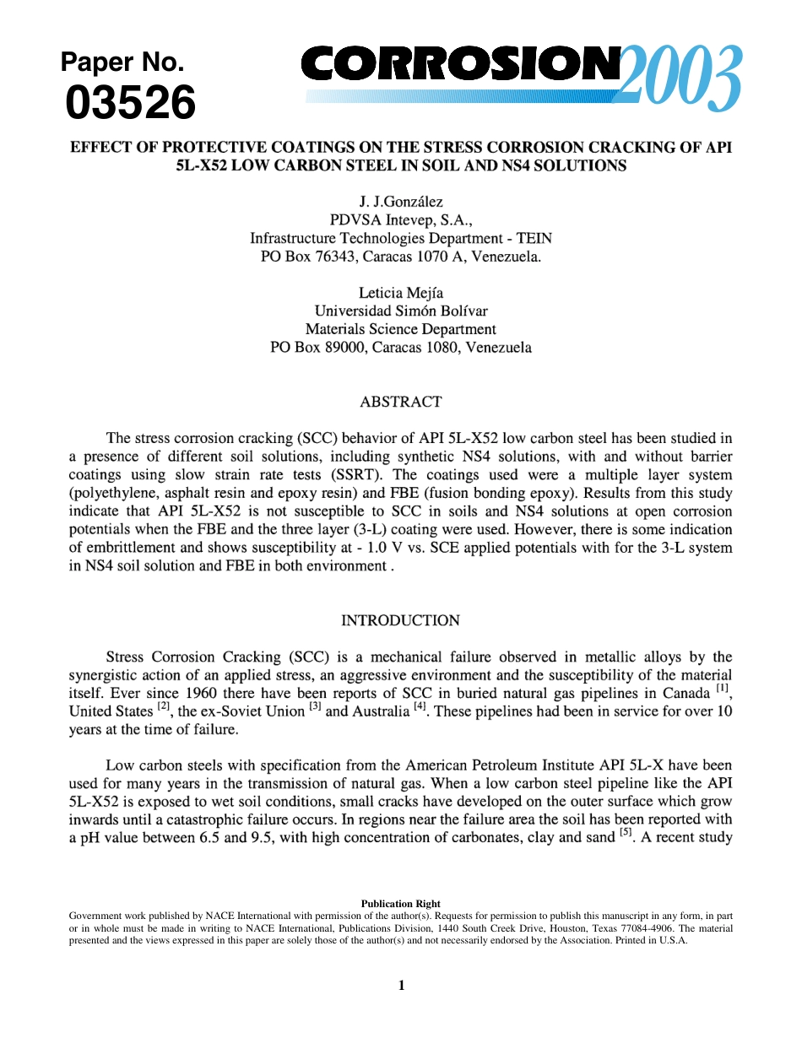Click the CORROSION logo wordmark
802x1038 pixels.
pyautogui.click(x=460, y=65)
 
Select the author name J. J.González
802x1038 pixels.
pyautogui.click(x=400, y=202)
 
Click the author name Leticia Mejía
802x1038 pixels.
pyautogui.click(x=400, y=293)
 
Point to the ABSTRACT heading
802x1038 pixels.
pyautogui.click(x=400, y=402)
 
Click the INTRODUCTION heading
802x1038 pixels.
pyautogui.click(x=400, y=620)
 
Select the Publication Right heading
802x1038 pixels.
pyautogui.click(x=400, y=904)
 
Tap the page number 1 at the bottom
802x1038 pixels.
pyautogui.click(x=401, y=985)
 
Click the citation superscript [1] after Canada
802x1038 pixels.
pyautogui.click(x=723, y=688)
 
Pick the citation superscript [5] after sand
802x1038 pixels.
pyautogui.click(x=626, y=833)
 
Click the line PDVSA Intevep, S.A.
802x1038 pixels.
pyautogui.click(x=400, y=220)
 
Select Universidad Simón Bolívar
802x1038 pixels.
pyautogui.click(x=400, y=311)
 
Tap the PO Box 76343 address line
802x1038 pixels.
pyautogui.click(x=400, y=257)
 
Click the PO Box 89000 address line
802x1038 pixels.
pyautogui.click(x=400, y=348)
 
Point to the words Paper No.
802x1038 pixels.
pyautogui.click(x=122, y=62)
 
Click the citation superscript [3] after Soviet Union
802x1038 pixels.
pyautogui.click(x=315, y=706)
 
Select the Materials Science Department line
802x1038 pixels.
pyautogui.click(x=400, y=329)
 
